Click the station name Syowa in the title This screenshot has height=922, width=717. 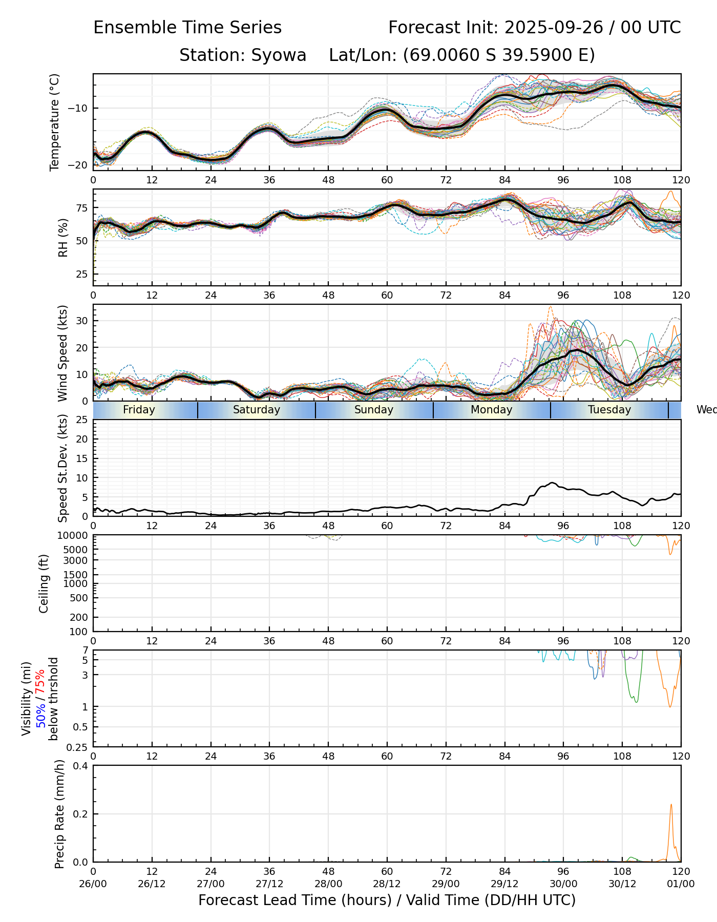(x=279, y=55)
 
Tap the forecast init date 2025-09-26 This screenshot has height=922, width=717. (x=554, y=28)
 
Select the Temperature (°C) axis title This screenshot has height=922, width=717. (x=55, y=122)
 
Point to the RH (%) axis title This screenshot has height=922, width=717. (x=63, y=238)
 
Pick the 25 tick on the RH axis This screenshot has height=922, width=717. (x=82, y=275)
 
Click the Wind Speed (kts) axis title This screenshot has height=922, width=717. (x=63, y=353)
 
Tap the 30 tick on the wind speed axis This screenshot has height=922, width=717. (x=82, y=321)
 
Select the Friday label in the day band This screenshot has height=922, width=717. (x=139, y=410)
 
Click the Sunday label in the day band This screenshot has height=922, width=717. (x=374, y=410)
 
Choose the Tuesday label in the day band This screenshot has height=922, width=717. (x=609, y=410)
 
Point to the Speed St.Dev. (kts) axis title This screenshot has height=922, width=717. (x=63, y=468)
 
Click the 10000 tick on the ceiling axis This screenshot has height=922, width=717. (x=74, y=535)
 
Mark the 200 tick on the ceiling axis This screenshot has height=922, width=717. (x=79, y=617)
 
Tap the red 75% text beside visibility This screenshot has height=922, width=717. (x=40, y=683)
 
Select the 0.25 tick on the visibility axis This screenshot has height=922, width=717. (x=78, y=746)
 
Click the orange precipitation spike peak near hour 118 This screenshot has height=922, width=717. (x=671, y=805)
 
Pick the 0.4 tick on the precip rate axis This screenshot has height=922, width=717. (x=81, y=766)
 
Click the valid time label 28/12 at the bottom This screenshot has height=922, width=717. (x=387, y=884)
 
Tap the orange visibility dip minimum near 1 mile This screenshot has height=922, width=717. (x=670, y=707)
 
